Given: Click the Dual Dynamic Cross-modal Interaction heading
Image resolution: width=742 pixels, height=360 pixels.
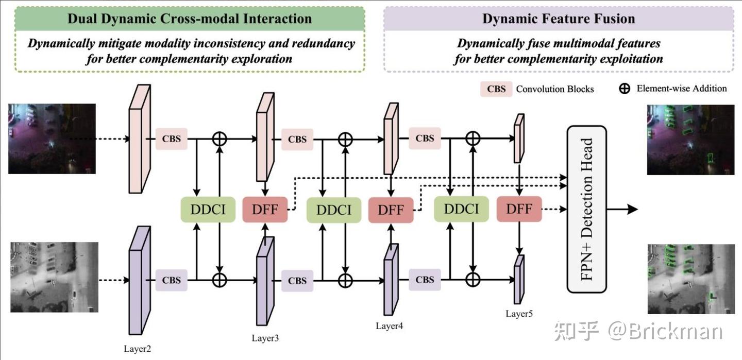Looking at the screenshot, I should [189, 19].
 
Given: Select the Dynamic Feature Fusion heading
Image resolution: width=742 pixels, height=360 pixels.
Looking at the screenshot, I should [559, 19].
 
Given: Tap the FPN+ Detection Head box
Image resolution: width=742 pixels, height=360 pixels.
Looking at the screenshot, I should [586, 209].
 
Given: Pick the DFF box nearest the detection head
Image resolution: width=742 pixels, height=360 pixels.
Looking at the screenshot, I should [519, 209].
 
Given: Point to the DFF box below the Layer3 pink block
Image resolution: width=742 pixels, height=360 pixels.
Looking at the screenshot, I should [264, 210].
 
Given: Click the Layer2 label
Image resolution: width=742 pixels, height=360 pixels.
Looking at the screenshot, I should [138, 349].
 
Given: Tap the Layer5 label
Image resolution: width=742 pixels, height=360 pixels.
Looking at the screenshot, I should [519, 314].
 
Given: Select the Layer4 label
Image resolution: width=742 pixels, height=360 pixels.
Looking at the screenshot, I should [390, 326].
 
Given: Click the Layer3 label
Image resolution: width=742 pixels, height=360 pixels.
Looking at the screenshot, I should [265, 338].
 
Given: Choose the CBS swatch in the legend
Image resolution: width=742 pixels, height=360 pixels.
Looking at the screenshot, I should [496, 89].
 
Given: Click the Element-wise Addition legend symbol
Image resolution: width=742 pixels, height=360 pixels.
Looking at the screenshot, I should [625, 89].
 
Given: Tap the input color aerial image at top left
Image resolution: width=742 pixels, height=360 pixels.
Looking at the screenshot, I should [52, 139].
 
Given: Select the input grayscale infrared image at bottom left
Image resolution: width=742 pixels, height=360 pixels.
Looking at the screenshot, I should [54, 277].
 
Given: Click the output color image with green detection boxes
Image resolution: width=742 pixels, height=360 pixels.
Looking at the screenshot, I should [690, 139].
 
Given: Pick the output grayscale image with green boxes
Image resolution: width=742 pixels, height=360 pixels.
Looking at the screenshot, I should [691, 279].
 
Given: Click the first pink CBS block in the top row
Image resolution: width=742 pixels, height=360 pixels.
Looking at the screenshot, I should [171, 139].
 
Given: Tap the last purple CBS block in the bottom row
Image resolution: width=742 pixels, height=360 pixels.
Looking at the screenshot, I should [425, 280].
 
